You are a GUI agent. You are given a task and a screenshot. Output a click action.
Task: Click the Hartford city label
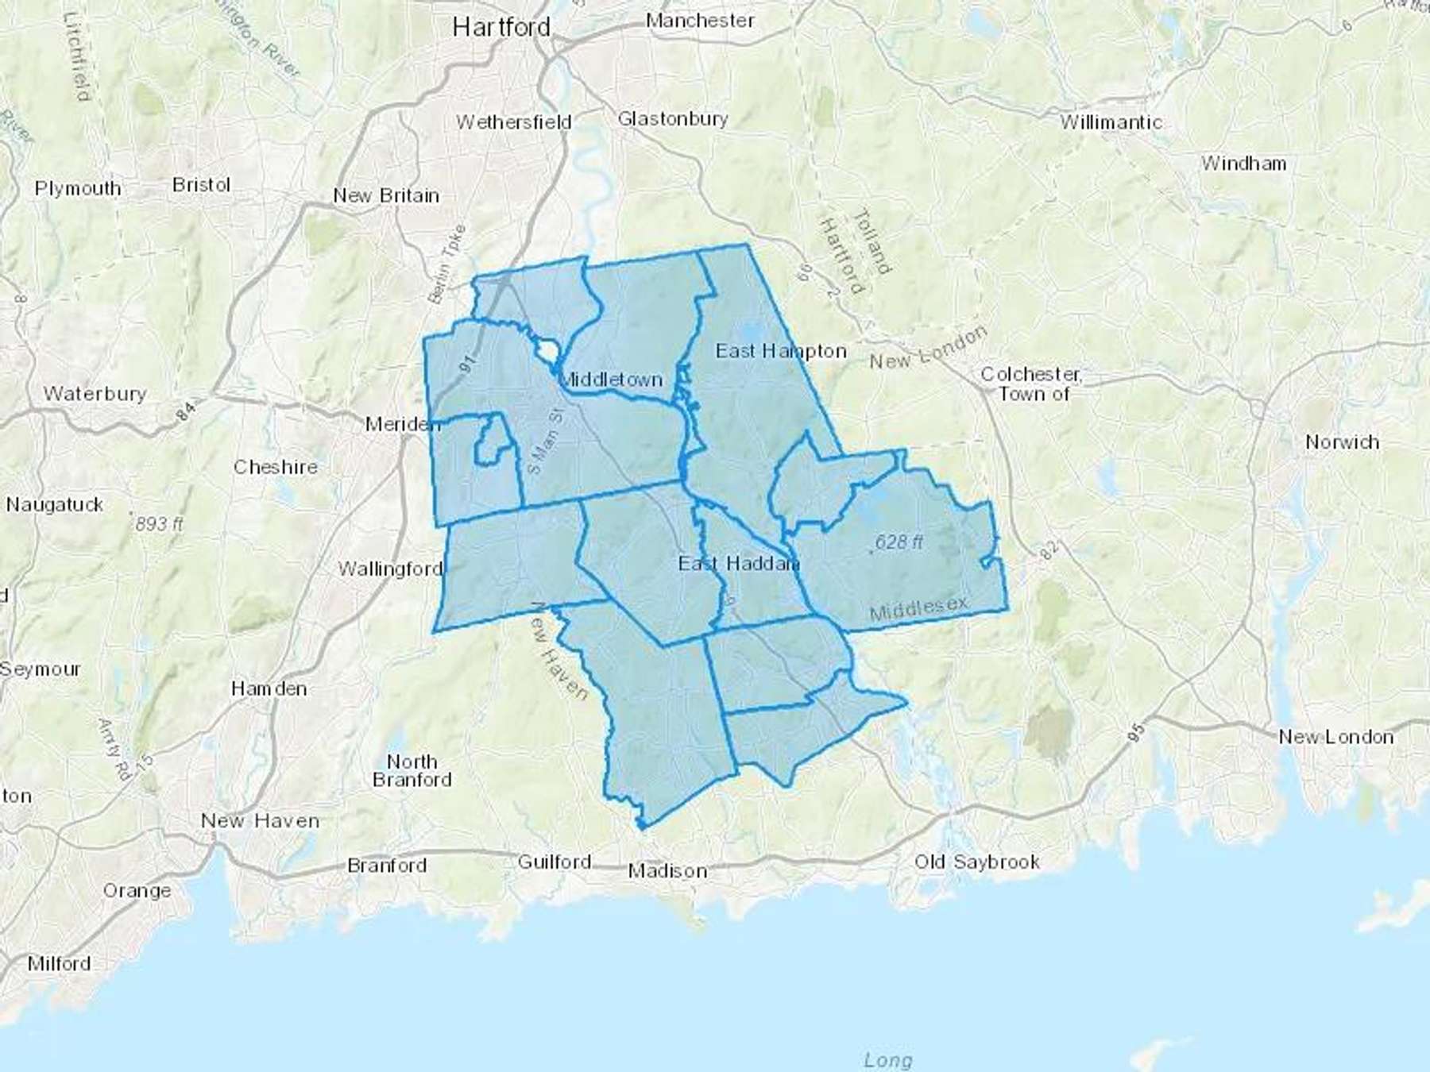[x=500, y=28]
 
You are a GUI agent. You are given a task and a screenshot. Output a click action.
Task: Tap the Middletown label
[x=611, y=380]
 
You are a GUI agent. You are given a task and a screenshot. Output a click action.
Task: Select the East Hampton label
[x=781, y=351]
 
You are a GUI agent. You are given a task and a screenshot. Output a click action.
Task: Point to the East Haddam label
[x=738, y=564]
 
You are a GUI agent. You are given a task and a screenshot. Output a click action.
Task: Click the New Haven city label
[x=260, y=821]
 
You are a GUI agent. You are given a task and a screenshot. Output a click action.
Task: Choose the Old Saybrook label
[x=976, y=862]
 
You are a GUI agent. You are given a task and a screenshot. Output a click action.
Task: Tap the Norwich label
[x=1342, y=442]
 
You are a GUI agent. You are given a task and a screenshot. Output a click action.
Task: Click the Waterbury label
[x=95, y=394]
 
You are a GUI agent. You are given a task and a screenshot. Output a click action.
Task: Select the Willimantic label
[x=1111, y=122]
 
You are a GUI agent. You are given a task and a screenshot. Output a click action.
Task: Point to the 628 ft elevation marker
[x=899, y=542]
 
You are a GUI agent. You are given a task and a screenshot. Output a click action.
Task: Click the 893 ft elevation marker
[x=158, y=524]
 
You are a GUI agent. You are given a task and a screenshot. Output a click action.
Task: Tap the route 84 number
[x=185, y=411]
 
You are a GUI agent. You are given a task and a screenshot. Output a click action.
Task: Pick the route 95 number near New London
[x=1137, y=733]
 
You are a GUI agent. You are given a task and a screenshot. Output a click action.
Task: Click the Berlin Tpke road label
[x=447, y=264]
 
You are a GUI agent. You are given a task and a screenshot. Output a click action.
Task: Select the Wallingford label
[x=390, y=569]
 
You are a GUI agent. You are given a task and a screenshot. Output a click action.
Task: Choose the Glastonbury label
[x=672, y=119]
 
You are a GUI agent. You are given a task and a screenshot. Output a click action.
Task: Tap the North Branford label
[x=412, y=771]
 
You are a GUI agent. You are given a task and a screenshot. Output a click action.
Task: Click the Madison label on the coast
[x=667, y=872]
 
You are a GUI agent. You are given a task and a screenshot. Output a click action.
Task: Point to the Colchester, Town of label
[x=1031, y=384]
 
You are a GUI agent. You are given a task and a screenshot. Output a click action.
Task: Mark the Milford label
[x=59, y=964]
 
